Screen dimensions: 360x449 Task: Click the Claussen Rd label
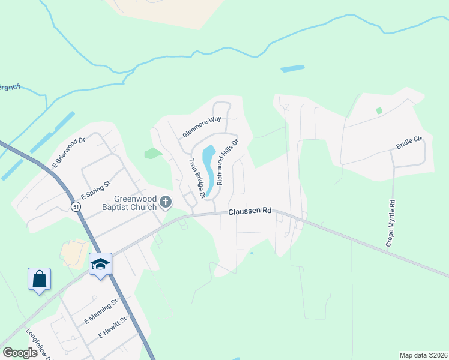(250, 211)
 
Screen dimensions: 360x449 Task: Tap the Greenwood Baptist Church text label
(136, 203)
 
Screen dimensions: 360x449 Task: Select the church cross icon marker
(166, 203)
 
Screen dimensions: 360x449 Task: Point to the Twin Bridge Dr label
(197, 178)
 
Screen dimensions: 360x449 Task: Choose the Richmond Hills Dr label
(228, 162)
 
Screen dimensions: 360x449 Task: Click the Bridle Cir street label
(409, 143)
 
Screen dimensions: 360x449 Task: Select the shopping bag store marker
(39, 279)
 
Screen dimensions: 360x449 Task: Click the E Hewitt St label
(113, 326)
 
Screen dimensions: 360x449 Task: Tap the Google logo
(20, 353)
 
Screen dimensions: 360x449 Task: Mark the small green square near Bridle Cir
(379, 110)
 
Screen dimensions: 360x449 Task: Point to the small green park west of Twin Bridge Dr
(153, 153)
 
